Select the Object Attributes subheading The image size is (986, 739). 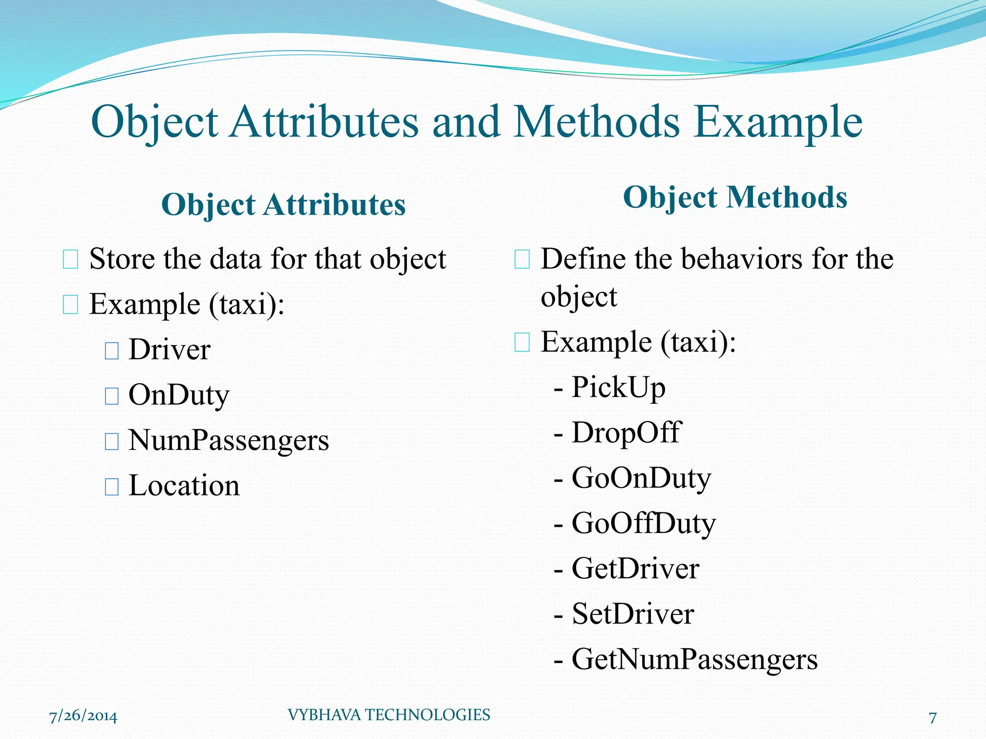(x=283, y=204)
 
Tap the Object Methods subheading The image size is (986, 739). (x=735, y=197)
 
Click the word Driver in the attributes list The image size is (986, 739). (x=169, y=350)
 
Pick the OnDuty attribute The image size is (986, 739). (x=179, y=395)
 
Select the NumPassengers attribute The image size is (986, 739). (x=228, y=440)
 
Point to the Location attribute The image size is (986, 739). (x=184, y=485)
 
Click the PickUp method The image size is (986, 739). (x=618, y=387)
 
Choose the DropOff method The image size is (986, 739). (x=626, y=432)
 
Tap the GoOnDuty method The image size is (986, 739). (x=641, y=478)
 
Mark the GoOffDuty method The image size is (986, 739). (x=643, y=523)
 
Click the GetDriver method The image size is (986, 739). (x=635, y=569)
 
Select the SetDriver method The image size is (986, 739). (x=633, y=614)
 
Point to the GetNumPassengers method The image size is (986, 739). (x=694, y=659)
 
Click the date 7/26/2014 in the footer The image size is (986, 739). (x=83, y=716)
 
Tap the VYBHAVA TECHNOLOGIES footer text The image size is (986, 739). (x=389, y=715)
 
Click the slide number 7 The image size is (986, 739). (x=933, y=717)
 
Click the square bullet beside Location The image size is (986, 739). (x=112, y=487)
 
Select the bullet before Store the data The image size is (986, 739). (x=70, y=260)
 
